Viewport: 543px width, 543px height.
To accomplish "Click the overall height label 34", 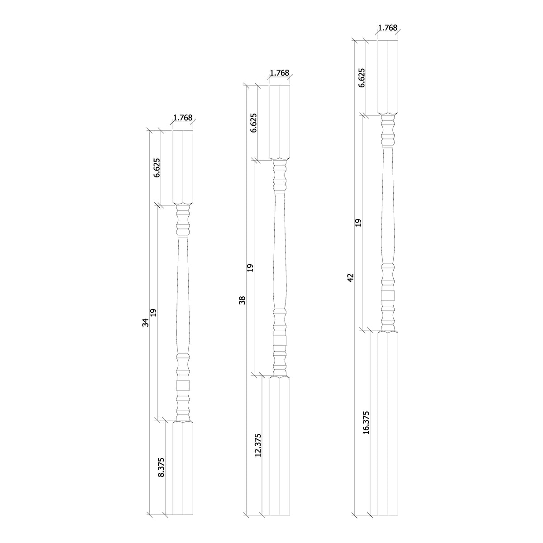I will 145,322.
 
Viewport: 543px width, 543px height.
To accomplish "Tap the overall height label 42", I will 350,277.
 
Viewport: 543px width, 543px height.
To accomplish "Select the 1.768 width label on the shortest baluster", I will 183,118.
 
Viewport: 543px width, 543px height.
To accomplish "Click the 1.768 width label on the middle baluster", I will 279,73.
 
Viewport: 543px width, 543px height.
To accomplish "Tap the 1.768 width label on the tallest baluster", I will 387,28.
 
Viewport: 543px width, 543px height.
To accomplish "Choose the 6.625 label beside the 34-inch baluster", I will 156,168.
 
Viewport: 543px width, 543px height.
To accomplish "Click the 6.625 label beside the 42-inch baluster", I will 361,77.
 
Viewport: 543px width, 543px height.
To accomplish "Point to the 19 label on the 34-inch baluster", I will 153,312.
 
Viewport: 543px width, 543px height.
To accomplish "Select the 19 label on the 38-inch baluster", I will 250,267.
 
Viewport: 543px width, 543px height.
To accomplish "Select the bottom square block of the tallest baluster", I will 388,423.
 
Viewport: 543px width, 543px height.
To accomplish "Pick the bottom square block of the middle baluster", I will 280,446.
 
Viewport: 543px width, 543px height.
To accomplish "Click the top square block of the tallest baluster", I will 388,77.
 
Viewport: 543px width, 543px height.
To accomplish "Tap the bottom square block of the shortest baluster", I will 183,468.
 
